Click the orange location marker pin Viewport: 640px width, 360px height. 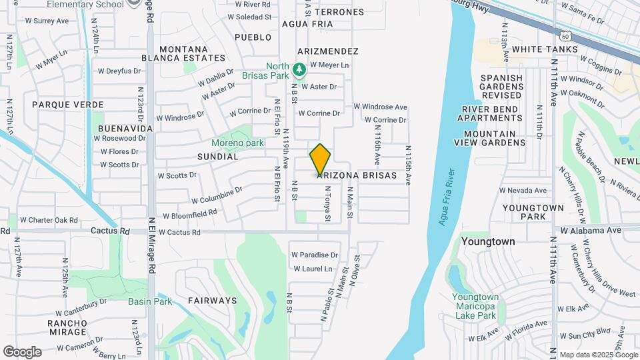coord(320,159)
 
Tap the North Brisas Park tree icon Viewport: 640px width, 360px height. coord(299,69)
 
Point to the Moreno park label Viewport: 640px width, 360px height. coord(238,143)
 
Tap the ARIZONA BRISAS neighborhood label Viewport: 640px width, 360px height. coord(357,175)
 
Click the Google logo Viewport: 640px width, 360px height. coord(22,351)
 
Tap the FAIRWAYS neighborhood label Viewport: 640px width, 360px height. coord(212,301)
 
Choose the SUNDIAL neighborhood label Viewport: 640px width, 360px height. coord(217,157)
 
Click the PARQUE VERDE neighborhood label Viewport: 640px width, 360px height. coord(68,105)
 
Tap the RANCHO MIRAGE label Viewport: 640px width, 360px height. coord(67,327)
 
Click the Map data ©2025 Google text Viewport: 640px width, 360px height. coord(597,355)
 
